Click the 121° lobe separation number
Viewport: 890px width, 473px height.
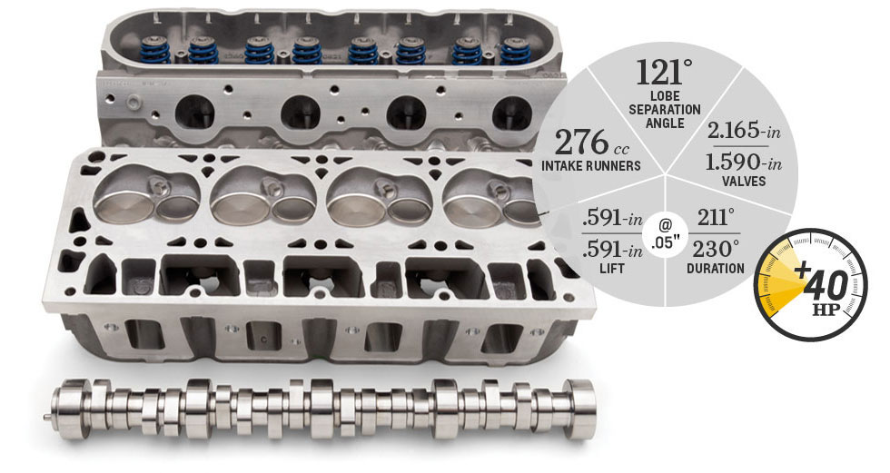pos(664,73)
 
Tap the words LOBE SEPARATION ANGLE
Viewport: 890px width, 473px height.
pos(665,110)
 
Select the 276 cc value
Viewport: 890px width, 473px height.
pos(591,143)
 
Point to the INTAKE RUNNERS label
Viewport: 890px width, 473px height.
pos(591,166)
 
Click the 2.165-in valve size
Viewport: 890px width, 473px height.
pos(744,132)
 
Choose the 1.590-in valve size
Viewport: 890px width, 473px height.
pos(744,163)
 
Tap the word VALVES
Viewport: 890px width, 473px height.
pos(744,182)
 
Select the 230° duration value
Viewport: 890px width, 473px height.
pos(717,249)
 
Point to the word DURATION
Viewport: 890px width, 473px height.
pos(716,268)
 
